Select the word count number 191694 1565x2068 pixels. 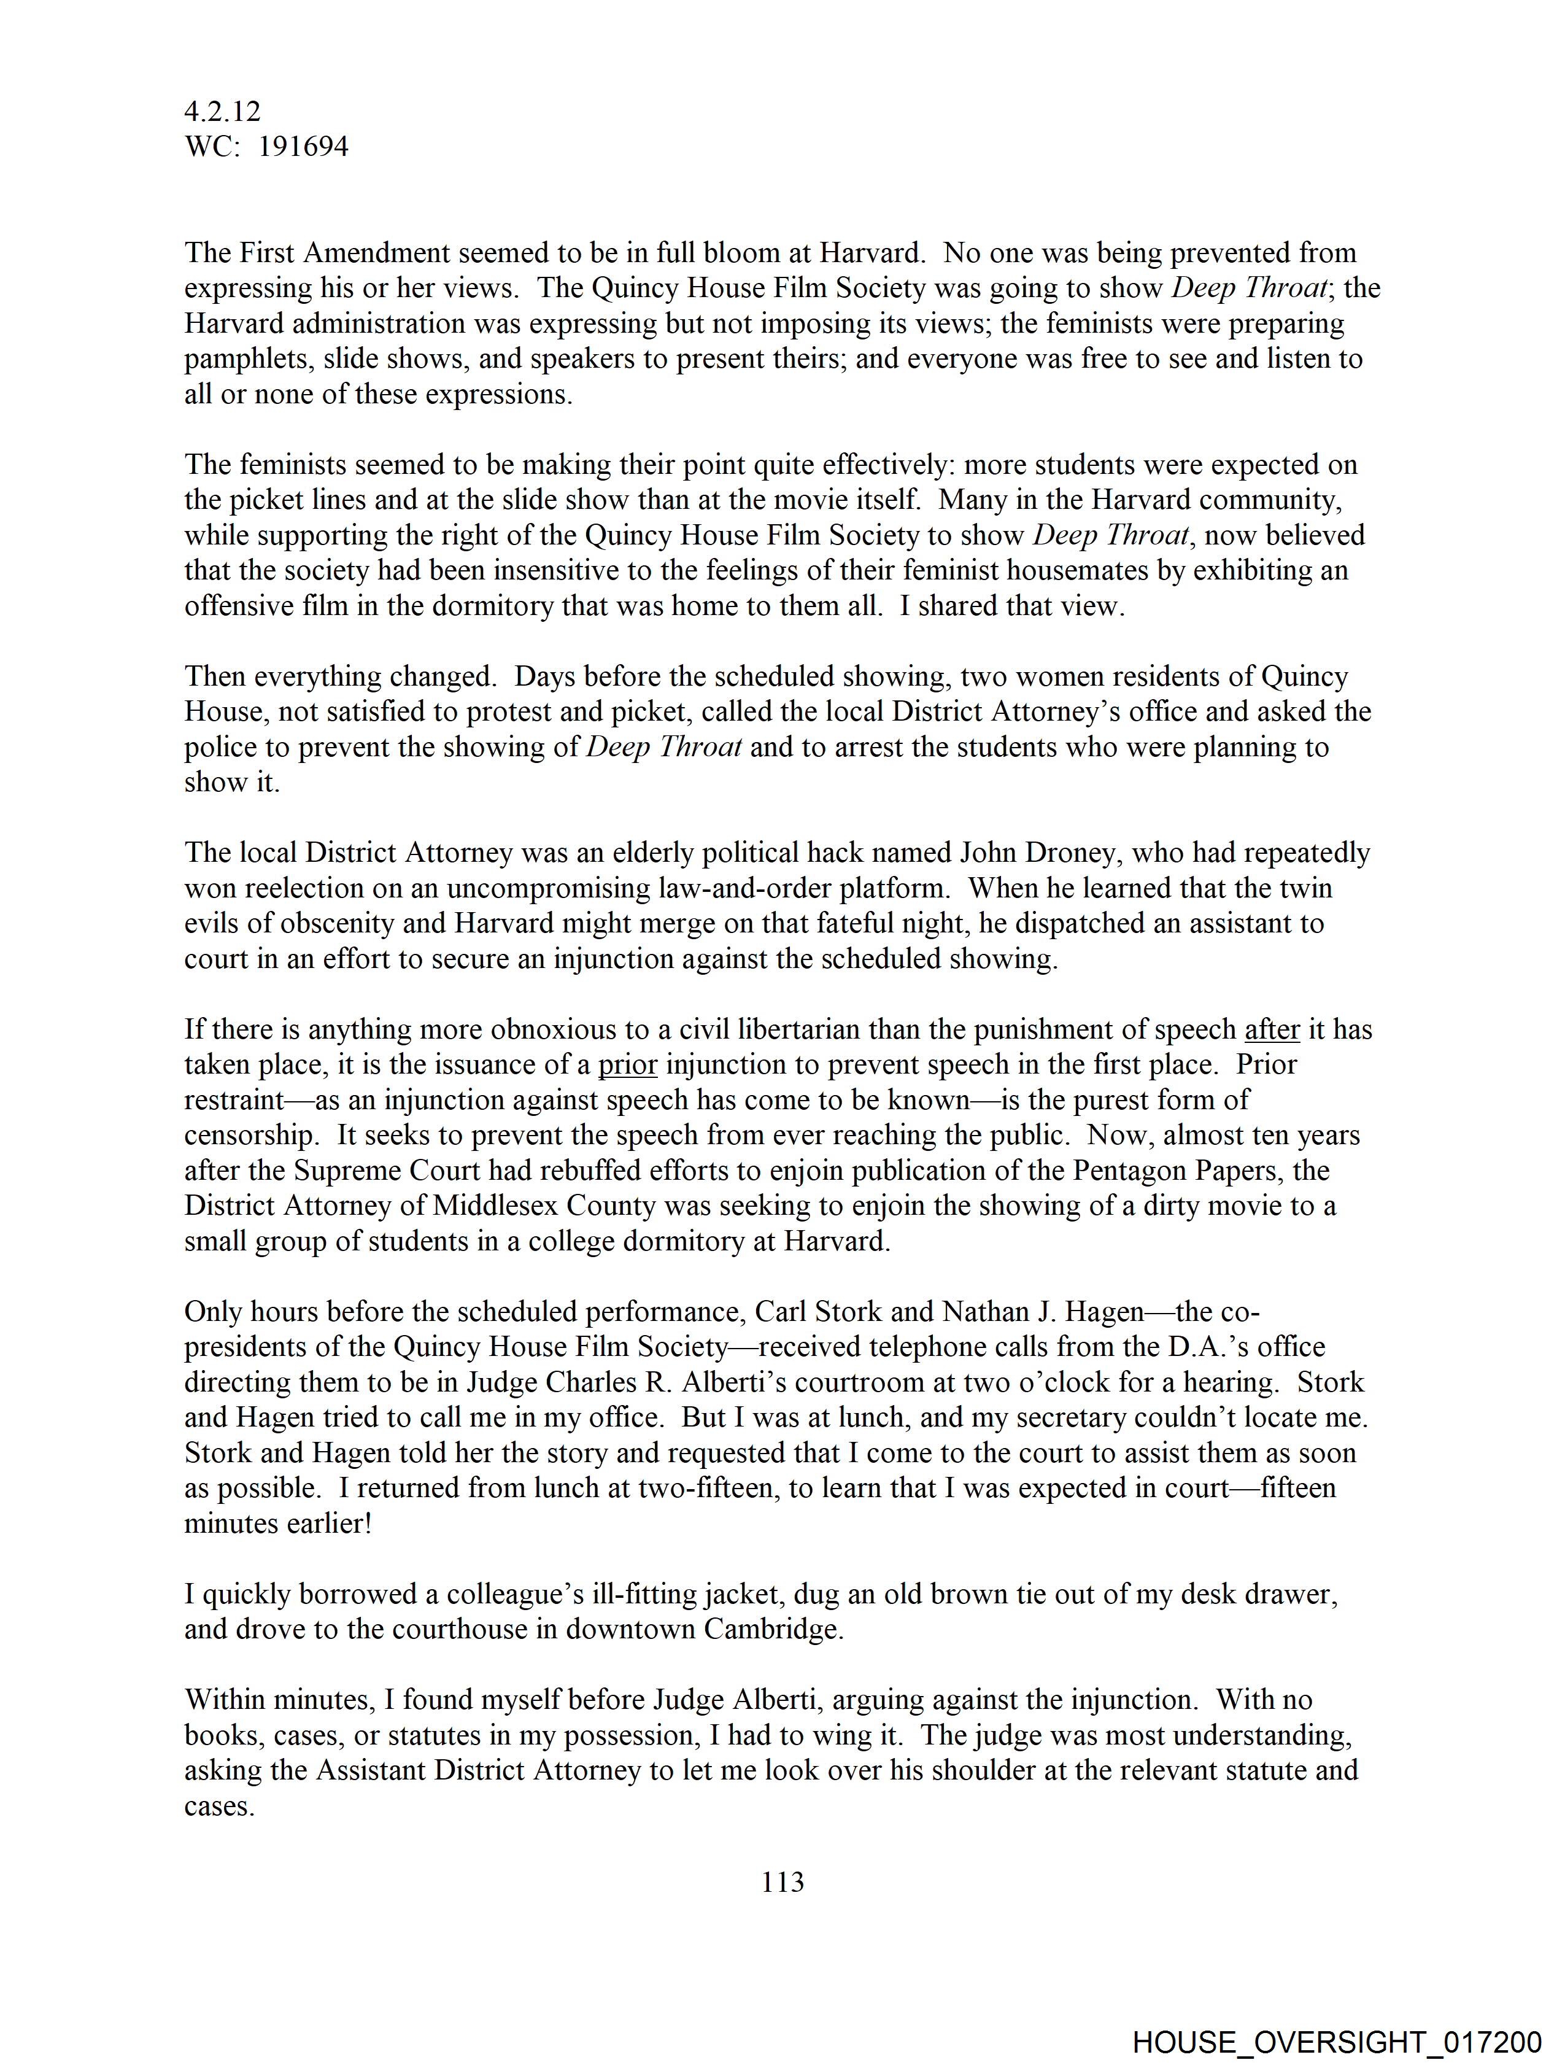click(x=303, y=147)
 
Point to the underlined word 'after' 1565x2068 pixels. click(x=1272, y=1029)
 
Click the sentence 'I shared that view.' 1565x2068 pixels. click(x=1013, y=606)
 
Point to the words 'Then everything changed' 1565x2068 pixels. click(x=340, y=676)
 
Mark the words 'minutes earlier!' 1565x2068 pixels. click(x=277, y=1524)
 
